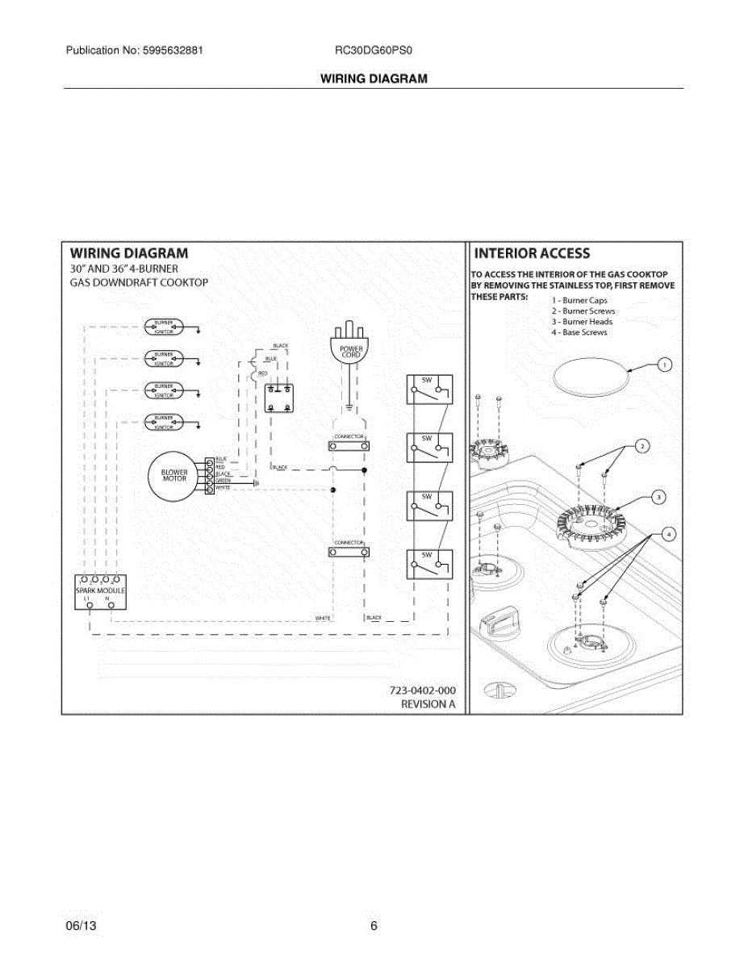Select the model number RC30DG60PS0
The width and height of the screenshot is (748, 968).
click(374, 50)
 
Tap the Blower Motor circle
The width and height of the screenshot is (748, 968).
click(174, 476)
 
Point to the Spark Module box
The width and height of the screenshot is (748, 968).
click(101, 593)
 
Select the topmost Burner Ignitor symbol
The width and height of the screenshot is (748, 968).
click(164, 326)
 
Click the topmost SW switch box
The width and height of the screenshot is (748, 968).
click(428, 390)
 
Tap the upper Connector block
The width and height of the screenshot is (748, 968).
click(349, 445)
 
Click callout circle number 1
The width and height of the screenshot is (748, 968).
click(664, 365)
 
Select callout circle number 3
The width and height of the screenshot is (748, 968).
click(659, 498)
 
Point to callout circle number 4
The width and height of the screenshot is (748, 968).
click(667, 534)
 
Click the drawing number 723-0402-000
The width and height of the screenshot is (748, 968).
click(422, 691)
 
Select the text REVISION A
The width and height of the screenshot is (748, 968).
click(428, 704)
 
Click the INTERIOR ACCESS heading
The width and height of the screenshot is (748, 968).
click(533, 253)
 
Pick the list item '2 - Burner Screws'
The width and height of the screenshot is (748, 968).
click(583, 311)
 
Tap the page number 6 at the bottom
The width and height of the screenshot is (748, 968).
click(374, 926)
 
